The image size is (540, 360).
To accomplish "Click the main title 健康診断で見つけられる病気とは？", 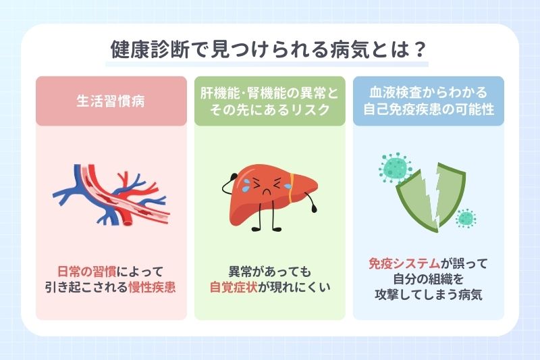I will point(269,51).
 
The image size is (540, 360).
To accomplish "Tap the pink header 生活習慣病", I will point(111,101).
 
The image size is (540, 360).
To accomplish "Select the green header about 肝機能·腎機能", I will point(269,101).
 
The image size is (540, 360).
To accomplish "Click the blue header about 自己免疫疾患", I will point(429,101).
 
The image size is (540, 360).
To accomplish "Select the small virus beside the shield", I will point(464,217).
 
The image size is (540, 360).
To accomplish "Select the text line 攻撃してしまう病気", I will point(429,296).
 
